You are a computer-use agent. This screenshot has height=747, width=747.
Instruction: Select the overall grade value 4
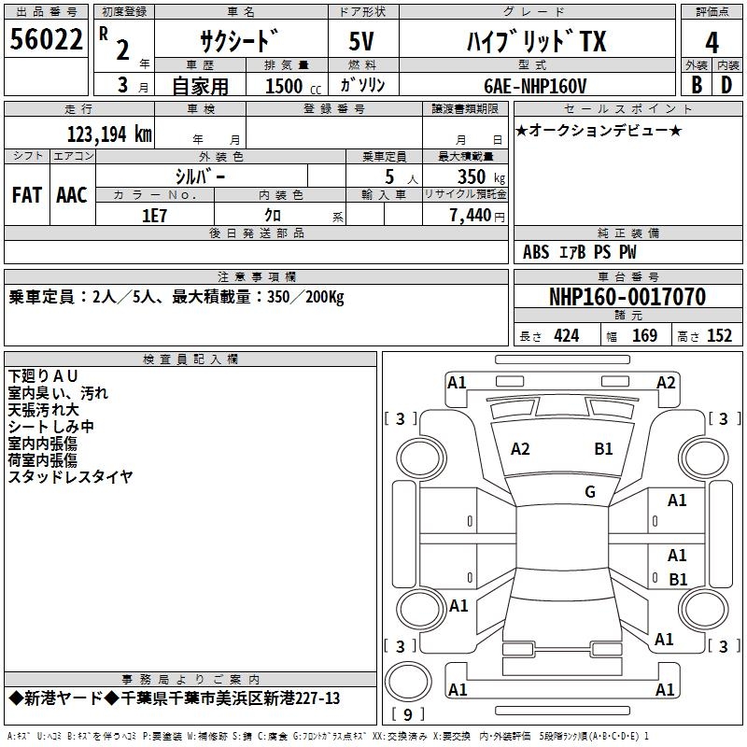tap(712, 42)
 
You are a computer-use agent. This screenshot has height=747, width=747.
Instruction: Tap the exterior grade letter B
tap(696, 84)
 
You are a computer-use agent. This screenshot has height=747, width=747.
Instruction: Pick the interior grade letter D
tap(726, 84)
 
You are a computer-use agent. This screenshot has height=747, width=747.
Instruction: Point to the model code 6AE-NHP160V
tap(535, 85)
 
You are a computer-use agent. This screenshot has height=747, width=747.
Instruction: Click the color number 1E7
tap(154, 215)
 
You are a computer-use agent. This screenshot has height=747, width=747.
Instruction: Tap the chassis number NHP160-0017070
tap(627, 297)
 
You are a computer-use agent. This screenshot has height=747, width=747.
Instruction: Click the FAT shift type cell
tap(27, 194)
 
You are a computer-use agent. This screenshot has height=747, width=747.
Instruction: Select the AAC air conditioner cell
tap(72, 194)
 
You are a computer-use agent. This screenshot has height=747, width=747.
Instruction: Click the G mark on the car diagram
tap(590, 491)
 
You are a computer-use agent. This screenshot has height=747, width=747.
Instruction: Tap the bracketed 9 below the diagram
tap(407, 715)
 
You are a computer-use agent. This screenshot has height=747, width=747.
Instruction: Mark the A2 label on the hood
tap(520, 449)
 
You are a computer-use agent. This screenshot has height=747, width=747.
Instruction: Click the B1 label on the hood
tap(604, 449)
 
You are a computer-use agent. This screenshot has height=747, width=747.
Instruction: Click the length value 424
tap(566, 335)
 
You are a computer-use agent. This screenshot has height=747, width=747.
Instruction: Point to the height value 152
tap(719, 335)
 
